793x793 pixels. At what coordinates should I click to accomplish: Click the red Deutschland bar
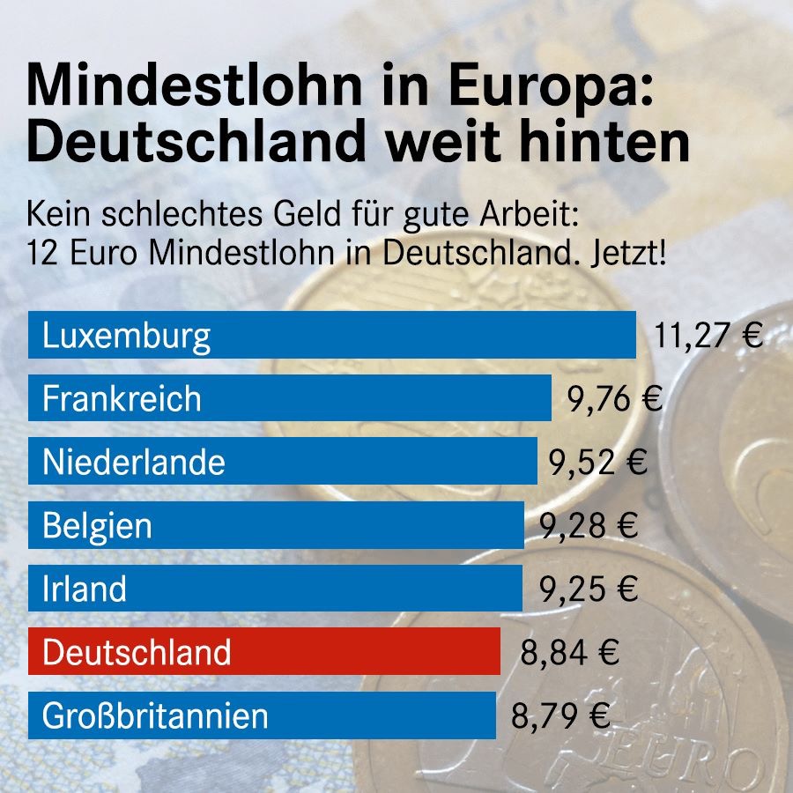coord(264,652)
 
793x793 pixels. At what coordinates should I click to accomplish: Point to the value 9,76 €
coord(614,399)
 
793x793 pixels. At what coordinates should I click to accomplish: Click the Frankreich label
coord(122,399)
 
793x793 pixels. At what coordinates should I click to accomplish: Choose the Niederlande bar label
coord(133,463)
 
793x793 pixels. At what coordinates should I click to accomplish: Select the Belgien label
coord(97,526)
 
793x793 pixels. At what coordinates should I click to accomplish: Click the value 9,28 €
coord(588,526)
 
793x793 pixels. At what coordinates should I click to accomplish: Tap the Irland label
coord(84,589)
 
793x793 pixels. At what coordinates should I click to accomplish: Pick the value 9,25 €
coord(588,589)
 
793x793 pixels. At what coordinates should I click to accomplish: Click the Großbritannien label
coord(155,715)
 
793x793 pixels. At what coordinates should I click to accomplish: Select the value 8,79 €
coord(560,715)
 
